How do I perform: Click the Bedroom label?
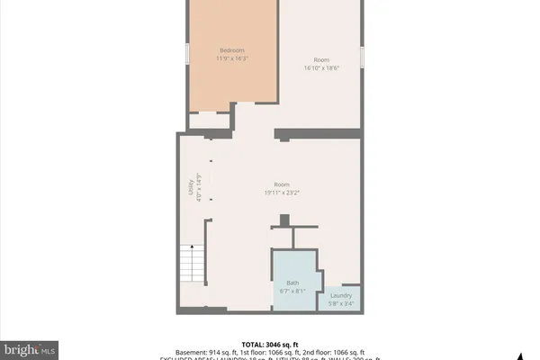pos(232,50)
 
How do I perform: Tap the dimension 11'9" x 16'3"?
pos(232,58)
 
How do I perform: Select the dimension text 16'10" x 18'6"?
pos(320,67)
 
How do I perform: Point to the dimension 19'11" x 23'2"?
pos(281,192)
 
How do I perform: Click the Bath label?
pos(292,283)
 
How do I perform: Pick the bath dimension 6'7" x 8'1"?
pos(292,291)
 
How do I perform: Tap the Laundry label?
pos(341,296)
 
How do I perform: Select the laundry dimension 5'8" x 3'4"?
pos(341,304)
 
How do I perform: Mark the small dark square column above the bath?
pos(284,220)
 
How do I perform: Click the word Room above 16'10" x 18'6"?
pos(320,59)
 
